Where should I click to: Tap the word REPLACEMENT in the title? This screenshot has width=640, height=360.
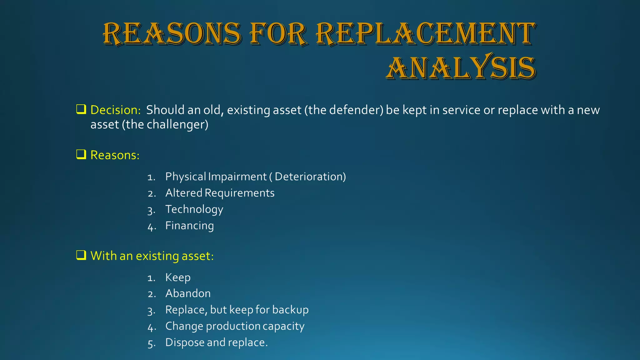click(x=426, y=33)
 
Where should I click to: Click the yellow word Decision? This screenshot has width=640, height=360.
click(x=115, y=110)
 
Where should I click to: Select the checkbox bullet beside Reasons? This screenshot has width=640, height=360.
click(x=81, y=154)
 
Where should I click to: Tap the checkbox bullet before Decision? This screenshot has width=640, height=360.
click(x=81, y=109)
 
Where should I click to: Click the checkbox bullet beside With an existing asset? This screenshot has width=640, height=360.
click(x=81, y=255)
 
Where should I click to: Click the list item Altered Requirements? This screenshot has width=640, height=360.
click(x=220, y=193)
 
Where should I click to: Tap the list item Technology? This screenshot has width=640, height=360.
click(x=194, y=209)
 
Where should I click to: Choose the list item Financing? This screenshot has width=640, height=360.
click(x=189, y=226)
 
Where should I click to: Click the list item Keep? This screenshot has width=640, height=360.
click(x=177, y=277)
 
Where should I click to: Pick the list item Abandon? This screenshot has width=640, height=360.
click(x=188, y=293)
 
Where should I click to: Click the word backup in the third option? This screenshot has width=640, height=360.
click(x=290, y=310)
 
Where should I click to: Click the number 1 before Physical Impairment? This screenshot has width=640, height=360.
click(x=151, y=177)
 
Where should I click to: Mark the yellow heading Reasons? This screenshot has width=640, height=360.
click(x=115, y=155)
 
